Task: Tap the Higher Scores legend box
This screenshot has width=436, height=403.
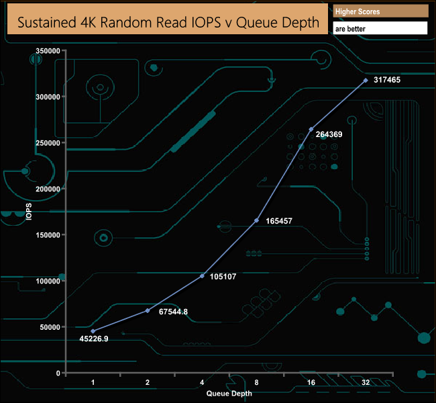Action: coord(380,11)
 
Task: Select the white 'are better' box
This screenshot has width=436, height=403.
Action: coord(380,28)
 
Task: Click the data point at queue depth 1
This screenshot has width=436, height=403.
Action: coord(93,331)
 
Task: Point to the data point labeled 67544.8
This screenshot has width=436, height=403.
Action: coord(148,310)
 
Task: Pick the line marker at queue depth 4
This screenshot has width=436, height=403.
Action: coord(203,275)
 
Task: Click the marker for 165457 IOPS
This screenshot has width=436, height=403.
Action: coord(257,220)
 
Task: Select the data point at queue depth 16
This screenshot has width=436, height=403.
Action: coord(311,129)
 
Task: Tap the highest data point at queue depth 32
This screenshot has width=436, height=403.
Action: coord(366,80)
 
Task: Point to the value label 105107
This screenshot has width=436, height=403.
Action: coord(223,276)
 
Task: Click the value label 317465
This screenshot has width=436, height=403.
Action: coord(386,80)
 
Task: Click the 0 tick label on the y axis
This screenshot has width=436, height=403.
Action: coord(58,373)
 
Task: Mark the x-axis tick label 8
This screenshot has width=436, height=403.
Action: coord(257,382)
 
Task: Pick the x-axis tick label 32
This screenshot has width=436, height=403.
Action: coord(366,382)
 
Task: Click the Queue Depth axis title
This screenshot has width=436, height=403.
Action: coord(229,393)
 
